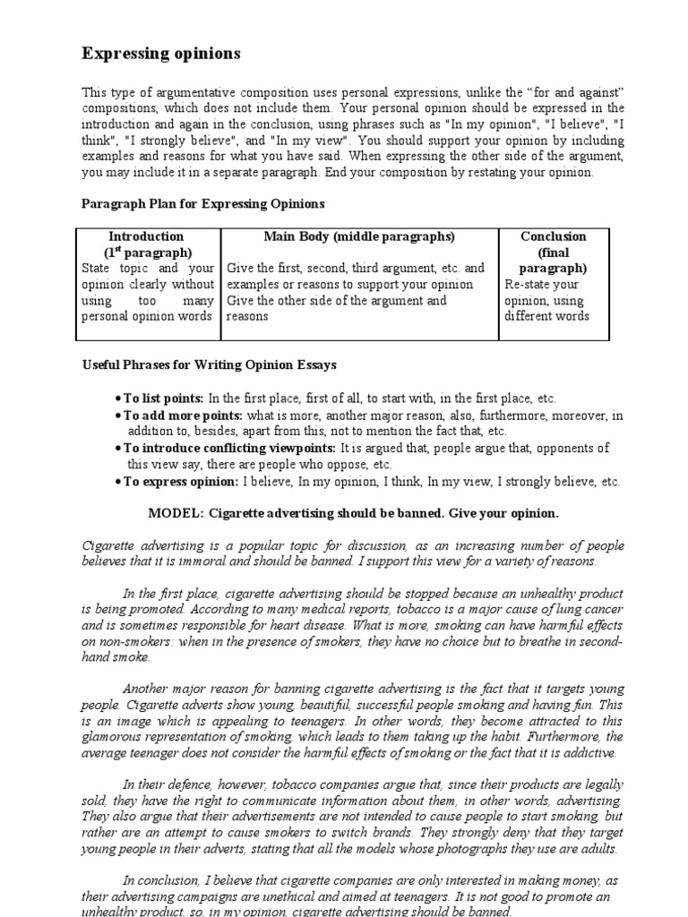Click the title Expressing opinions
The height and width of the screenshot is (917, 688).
click(x=161, y=54)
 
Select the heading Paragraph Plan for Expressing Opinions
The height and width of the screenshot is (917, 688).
click(x=203, y=204)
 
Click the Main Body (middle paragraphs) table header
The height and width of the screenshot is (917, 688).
click(x=359, y=236)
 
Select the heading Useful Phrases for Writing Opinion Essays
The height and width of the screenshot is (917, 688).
click(x=210, y=364)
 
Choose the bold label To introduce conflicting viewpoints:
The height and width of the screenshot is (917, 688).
click(x=229, y=448)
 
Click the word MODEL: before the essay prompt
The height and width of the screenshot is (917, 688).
click(x=175, y=513)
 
